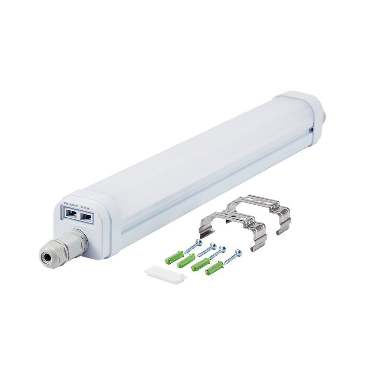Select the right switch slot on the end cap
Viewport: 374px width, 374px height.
click(86, 217)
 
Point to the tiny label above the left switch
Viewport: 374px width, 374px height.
click(70, 205)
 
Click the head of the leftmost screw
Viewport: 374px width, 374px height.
click(198, 242)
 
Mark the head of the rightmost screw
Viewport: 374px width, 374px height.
click(238, 253)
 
